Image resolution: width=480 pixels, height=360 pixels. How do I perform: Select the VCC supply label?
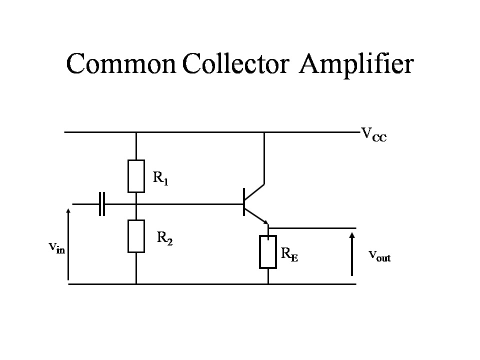[373, 134]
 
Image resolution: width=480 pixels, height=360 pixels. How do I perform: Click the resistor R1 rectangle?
[136, 176]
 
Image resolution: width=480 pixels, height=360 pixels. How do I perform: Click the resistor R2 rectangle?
[136, 236]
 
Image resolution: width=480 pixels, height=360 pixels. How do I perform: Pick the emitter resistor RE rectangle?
[268, 252]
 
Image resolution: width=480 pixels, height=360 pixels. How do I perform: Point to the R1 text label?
[160, 177]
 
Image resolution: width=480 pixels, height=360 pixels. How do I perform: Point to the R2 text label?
[165, 238]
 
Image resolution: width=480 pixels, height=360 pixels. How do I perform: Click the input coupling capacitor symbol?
[102, 204]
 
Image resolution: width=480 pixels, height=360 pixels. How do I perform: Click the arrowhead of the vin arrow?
[68, 210]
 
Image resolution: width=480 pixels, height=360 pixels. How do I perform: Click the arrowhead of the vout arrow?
[352, 234]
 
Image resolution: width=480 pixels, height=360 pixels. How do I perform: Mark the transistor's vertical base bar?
[244, 202]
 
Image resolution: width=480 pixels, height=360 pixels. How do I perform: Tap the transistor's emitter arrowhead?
[266, 222]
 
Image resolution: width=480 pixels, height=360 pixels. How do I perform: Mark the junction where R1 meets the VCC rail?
[136, 132]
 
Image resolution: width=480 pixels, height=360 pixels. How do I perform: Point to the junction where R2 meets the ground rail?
[136, 284]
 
